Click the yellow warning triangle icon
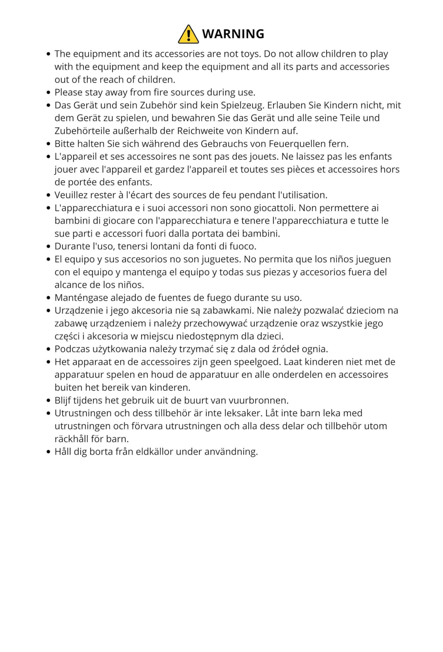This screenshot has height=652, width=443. point(188,34)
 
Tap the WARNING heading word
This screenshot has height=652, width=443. point(233,34)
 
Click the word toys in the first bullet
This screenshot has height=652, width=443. point(249,54)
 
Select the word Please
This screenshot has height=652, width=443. point(68,93)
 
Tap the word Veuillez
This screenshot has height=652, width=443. point(71,195)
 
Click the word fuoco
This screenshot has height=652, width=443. point(243,246)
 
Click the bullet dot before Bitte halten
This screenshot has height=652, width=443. point(49,144)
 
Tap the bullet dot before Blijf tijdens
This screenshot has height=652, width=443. point(49,400)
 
